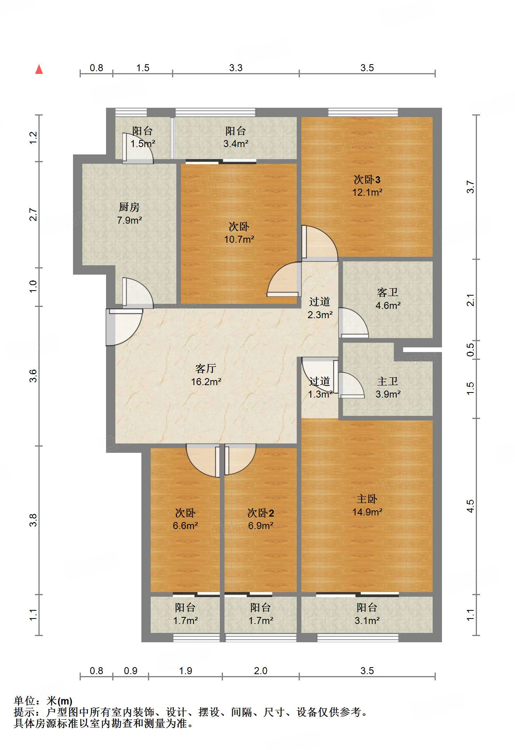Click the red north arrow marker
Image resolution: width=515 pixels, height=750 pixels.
pyautogui.click(x=39, y=70)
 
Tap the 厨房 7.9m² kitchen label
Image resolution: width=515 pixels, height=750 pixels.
pyautogui.click(x=129, y=214)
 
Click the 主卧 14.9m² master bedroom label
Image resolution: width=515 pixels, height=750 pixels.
pyautogui.click(x=367, y=505)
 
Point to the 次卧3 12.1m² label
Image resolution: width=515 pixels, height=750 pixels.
pyautogui.click(x=367, y=186)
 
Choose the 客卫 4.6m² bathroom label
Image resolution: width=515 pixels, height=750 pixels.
pyautogui.click(x=388, y=299)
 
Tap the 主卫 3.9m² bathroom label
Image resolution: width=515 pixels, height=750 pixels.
pyautogui.click(x=388, y=387)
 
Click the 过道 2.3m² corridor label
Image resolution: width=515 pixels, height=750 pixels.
pyautogui.click(x=320, y=308)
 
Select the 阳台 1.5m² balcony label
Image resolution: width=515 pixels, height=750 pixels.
pyautogui.click(x=142, y=137)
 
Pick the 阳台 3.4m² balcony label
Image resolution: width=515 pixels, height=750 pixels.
pyautogui.click(x=235, y=137)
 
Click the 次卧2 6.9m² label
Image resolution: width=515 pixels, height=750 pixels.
pyautogui.click(x=261, y=519)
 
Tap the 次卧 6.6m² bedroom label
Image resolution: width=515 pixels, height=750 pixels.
pyautogui.click(x=185, y=519)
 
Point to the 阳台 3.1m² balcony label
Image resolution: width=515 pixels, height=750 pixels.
pyautogui.click(x=367, y=614)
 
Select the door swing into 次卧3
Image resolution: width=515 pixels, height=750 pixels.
pyautogui.click(x=319, y=243)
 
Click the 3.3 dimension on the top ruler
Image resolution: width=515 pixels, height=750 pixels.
pyautogui.click(x=236, y=68)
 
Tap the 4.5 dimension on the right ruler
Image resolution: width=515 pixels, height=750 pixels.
pyautogui.click(x=470, y=506)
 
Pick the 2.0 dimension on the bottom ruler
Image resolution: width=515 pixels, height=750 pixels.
pyautogui.click(x=261, y=671)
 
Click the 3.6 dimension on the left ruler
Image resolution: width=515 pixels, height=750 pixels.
pyautogui.click(x=33, y=376)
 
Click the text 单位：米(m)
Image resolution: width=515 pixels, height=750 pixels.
pyautogui.click(x=43, y=701)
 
